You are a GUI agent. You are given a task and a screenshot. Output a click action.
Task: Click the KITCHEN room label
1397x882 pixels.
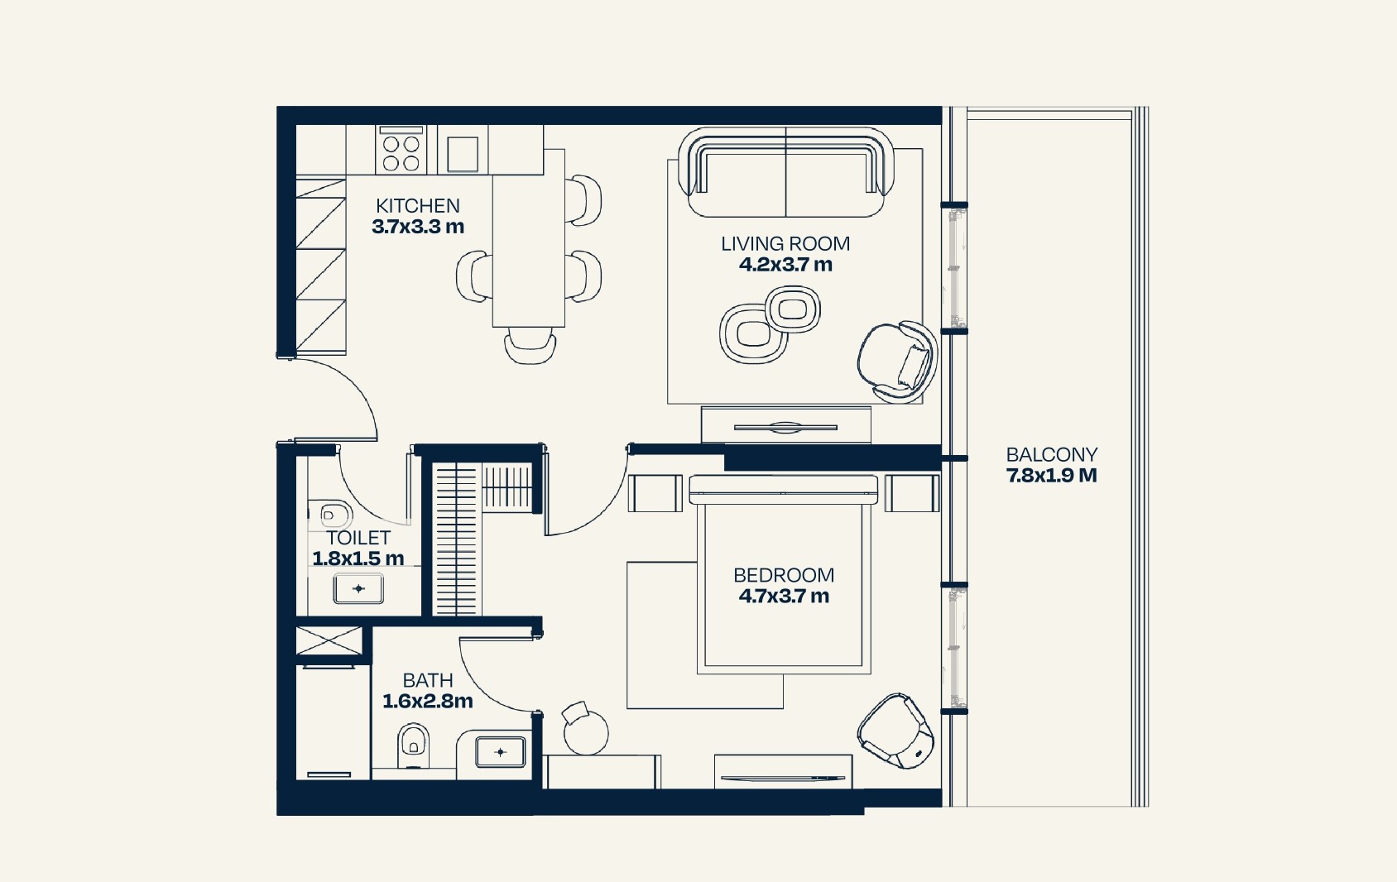click(417, 206)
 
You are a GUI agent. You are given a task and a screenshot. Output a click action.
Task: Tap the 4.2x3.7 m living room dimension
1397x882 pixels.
click(785, 265)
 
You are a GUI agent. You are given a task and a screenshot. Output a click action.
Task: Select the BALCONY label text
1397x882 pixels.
click(1051, 454)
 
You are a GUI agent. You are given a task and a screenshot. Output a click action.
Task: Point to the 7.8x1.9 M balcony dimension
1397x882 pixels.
click(1051, 476)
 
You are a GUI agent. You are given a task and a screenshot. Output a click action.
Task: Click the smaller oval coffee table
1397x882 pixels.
click(793, 309)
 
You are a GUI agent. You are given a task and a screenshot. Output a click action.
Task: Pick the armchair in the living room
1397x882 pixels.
click(897, 362)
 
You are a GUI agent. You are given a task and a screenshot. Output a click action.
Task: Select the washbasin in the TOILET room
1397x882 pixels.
click(358, 589)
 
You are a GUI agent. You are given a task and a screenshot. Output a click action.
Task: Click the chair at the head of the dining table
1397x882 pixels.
click(529, 343)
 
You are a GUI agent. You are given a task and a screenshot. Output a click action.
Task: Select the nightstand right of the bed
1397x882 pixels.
click(912, 493)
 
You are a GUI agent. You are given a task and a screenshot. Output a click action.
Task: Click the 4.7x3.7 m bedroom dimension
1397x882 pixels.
click(783, 597)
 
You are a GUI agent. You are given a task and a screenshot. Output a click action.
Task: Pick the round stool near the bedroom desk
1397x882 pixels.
click(585, 731)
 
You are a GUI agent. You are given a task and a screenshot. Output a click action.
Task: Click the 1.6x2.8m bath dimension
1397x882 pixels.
click(427, 702)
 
